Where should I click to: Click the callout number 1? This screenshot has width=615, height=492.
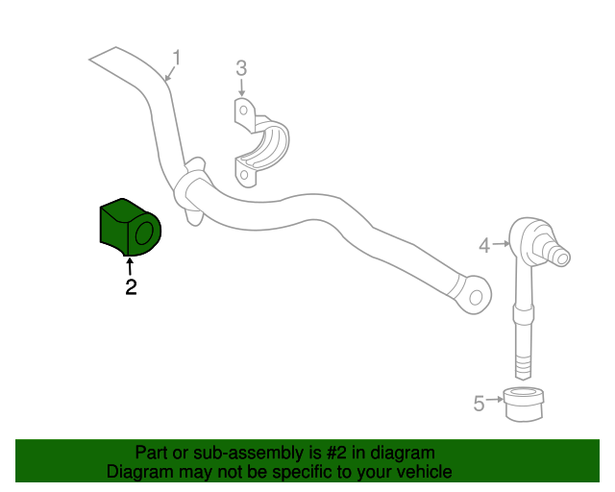[177, 58]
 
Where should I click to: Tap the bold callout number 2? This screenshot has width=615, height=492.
[131, 287]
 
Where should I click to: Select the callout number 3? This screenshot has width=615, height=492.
[241, 68]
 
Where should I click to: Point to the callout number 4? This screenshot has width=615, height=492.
[484, 246]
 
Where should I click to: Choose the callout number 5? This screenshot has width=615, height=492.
[479, 404]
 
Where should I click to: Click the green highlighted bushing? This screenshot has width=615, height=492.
[131, 227]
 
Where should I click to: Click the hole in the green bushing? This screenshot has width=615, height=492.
[144, 233]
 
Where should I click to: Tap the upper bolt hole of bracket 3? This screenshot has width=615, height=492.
[243, 111]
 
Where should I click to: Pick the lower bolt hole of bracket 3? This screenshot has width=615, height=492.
[243, 174]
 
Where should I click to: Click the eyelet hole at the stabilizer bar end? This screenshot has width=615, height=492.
[476, 298]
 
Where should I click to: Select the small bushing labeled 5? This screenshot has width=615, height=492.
[523, 405]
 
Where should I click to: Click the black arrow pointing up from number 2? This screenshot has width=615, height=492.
[129, 266]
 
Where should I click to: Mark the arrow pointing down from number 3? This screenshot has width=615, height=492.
[241, 87]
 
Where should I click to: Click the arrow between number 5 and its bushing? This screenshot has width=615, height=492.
[495, 400]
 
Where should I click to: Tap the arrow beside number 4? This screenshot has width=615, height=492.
[501, 244]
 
